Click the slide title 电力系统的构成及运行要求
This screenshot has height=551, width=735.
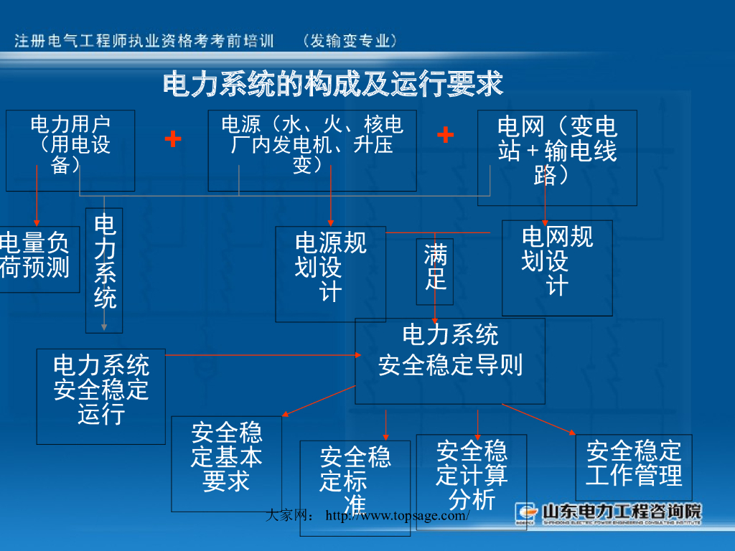coord(333,85)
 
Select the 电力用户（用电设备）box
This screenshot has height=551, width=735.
coord(70,150)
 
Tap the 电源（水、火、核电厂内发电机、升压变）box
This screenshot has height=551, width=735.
coord(312,150)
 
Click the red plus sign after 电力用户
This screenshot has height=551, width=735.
coord(172,138)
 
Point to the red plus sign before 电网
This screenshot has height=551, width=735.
coord(445,134)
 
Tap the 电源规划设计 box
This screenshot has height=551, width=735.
coord(330,273)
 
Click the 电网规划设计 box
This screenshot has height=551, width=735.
coord(557,267)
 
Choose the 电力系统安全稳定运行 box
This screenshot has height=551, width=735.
coord(100,395)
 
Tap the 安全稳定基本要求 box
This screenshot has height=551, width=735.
coord(226,463)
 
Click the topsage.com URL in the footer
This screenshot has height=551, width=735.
coord(398,516)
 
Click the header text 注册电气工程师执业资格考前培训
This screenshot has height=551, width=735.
coord(144,41)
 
